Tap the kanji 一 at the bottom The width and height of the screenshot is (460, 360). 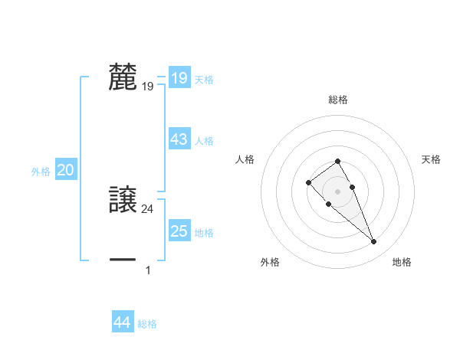point(123,260)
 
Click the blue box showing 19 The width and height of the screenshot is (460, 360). point(179,78)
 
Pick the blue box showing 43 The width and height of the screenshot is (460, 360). point(179,139)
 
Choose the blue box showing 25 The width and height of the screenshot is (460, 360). point(179,231)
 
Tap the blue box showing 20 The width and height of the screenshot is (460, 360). point(65,171)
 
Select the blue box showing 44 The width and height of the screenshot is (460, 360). point(122,322)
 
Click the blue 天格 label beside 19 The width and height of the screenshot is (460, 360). point(204,80)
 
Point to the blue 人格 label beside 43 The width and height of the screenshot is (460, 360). point(204,141)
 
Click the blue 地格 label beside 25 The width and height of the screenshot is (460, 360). point(204,233)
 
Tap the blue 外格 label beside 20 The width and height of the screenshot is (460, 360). point(41,172)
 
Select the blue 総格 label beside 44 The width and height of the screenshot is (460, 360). point(147,325)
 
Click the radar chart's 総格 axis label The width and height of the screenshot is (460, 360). point(338,100)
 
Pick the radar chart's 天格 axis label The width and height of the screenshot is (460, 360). point(432,159)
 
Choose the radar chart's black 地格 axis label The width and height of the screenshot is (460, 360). point(402,262)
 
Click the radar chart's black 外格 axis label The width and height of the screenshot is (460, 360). point(270,262)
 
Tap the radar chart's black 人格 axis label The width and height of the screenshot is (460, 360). point(245,159)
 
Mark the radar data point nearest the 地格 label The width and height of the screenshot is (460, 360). point(373,242)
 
